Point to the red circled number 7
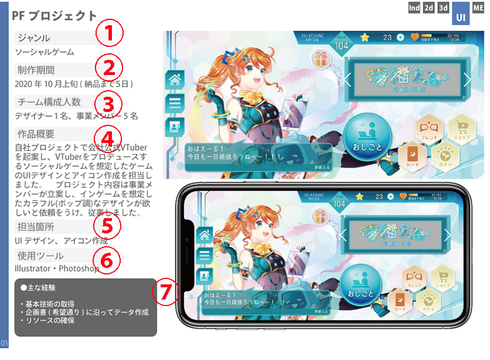click(166, 291)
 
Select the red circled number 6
click(106, 260)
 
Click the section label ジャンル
click(34, 38)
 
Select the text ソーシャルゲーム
click(44, 52)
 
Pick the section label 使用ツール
click(40, 256)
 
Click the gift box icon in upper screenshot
click(321, 58)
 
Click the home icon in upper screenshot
click(175, 79)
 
